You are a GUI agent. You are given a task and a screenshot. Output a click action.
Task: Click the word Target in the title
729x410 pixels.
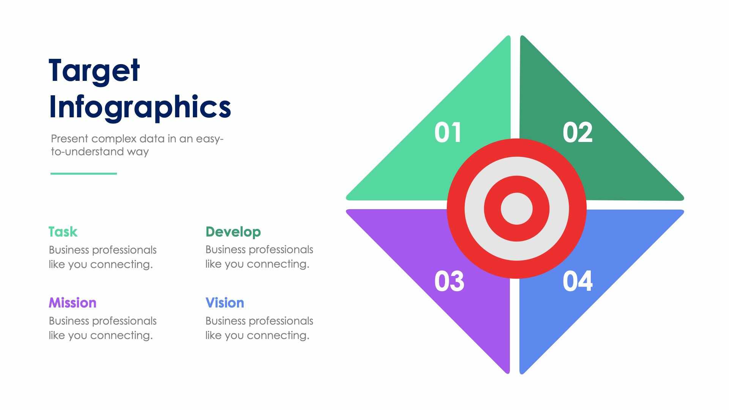94,71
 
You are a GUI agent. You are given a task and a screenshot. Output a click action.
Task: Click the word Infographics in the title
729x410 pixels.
140,107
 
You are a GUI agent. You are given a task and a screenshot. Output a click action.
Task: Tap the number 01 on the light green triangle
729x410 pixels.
448,132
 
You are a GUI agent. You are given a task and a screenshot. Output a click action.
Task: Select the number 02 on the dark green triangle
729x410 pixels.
577,132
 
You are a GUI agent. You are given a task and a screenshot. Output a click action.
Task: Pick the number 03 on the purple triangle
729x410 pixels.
449,281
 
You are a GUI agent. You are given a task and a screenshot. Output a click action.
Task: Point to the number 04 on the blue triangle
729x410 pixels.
577,281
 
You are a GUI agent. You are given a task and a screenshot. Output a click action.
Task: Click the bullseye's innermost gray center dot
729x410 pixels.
516,208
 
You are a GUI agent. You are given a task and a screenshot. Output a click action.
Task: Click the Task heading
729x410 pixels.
63,232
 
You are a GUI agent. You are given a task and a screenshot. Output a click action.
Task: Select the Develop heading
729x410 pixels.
233,232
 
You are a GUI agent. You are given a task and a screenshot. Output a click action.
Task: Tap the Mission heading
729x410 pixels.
72,303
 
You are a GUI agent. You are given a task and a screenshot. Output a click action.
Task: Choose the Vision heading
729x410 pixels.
224,303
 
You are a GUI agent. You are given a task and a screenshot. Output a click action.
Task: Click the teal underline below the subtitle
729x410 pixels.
84,173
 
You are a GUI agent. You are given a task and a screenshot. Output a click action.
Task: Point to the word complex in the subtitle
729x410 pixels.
114,139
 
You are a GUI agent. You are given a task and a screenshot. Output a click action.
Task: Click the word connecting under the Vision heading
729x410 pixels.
278,336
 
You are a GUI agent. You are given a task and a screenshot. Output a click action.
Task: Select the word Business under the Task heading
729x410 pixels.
69,250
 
